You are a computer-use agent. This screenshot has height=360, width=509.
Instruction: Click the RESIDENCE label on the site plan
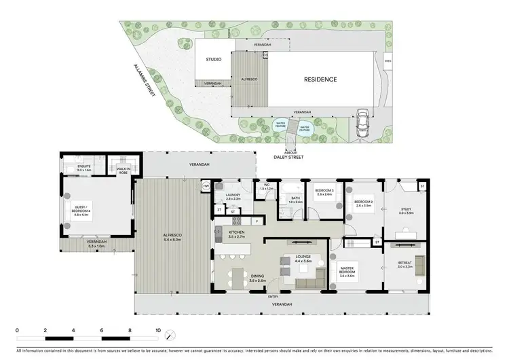click(320, 79)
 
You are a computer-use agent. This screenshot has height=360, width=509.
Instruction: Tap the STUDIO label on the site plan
click(214, 60)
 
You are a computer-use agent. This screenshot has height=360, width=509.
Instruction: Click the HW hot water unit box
click(206, 185)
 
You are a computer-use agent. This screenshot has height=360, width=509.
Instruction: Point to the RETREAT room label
click(405, 265)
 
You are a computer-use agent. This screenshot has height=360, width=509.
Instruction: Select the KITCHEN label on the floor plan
click(237, 232)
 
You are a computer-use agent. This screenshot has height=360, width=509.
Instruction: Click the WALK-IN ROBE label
click(124, 170)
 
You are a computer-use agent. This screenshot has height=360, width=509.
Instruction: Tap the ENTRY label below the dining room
click(273, 297)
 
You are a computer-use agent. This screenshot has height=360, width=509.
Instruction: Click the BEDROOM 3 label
click(324, 193)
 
